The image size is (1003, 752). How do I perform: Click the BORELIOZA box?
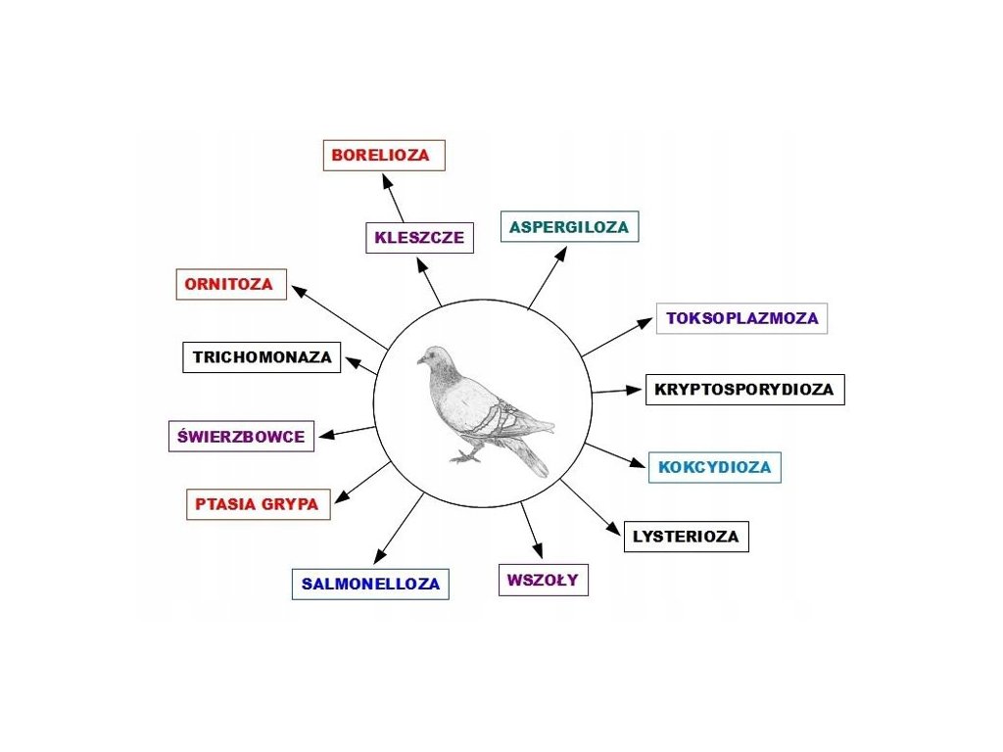[x=384, y=156]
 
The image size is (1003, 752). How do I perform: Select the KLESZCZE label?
[x=419, y=238]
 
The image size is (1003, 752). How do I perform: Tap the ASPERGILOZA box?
[x=569, y=227]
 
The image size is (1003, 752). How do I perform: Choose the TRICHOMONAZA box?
[x=263, y=357]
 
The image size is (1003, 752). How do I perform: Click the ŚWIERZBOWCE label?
[x=241, y=437]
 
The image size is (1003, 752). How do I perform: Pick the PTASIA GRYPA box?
[x=257, y=505]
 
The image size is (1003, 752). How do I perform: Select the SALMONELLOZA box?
[x=370, y=585]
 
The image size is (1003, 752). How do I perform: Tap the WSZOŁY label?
[x=543, y=580]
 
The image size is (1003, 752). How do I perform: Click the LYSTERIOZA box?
[x=686, y=537]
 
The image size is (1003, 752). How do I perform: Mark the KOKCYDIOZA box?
[x=714, y=467]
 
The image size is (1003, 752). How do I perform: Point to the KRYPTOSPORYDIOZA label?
[x=744, y=390]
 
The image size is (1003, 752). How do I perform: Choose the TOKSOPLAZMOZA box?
[x=741, y=318]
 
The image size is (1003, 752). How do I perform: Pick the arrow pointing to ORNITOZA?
[x=338, y=315]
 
